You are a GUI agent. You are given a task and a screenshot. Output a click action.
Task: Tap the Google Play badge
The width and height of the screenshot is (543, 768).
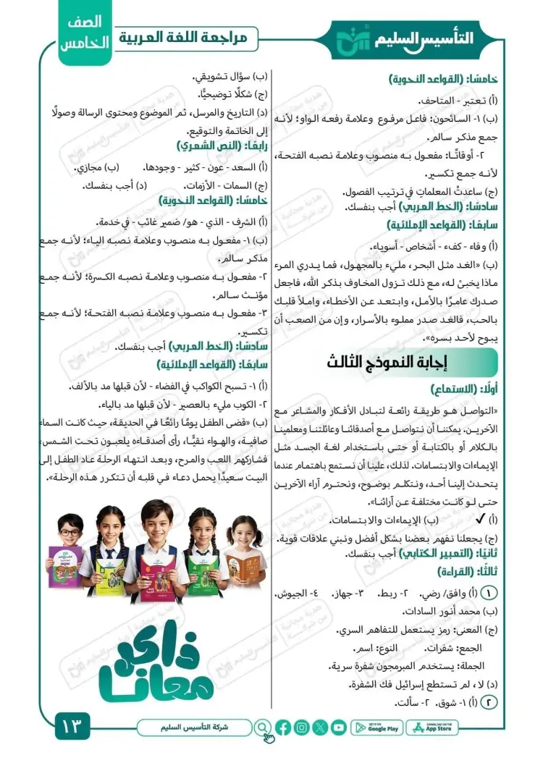point(376,727)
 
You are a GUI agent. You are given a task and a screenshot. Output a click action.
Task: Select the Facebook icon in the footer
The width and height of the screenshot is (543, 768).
point(283,727)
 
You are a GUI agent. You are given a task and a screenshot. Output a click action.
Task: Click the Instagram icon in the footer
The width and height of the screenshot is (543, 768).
point(302,727)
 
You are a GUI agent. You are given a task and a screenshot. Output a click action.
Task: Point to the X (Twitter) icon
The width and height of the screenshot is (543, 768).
point(320,727)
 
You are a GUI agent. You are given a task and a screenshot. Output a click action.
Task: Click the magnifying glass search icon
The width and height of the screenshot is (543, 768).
point(264,727)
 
